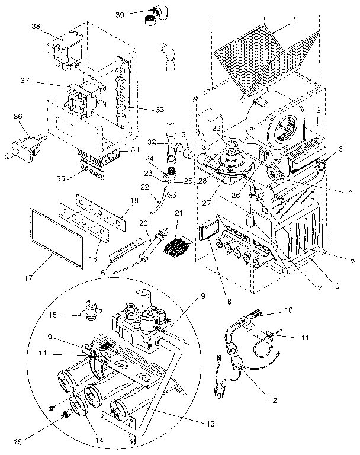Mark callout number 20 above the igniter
pyautogui.click(x=143, y=223)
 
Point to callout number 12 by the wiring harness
pyautogui.click(x=271, y=400)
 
